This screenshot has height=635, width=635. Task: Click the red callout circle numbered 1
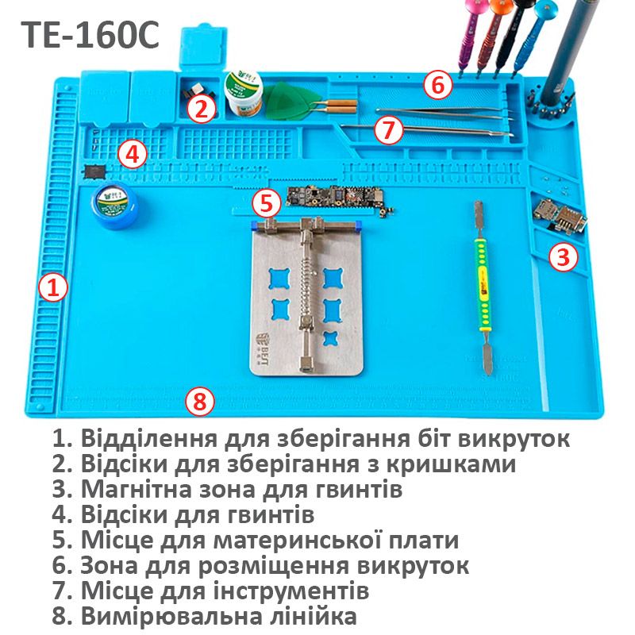pyautogui.click(x=53, y=287)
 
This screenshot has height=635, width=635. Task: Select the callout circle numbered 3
pyautogui.click(x=564, y=256)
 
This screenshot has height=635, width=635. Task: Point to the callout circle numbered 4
pyautogui.click(x=133, y=154)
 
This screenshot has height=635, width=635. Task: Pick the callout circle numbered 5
pyautogui.click(x=267, y=204)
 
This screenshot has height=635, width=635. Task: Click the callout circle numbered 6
pyautogui.click(x=438, y=85)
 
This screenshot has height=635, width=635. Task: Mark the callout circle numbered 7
pyautogui.click(x=388, y=130)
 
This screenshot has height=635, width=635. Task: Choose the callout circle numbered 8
pyautogui.click(x=200, y=402)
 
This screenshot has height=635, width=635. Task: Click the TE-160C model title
pyautogui.click(x=90, y=35)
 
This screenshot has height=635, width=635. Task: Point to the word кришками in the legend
pyautogui.click(x=450, y=464)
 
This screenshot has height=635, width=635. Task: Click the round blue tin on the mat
pyautogui.click(x=114, y=205)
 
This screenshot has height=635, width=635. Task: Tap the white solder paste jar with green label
pyautogui.click(x=244, y=94)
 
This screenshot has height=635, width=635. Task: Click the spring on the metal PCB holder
pyautogui.click(x=306, y=284)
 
